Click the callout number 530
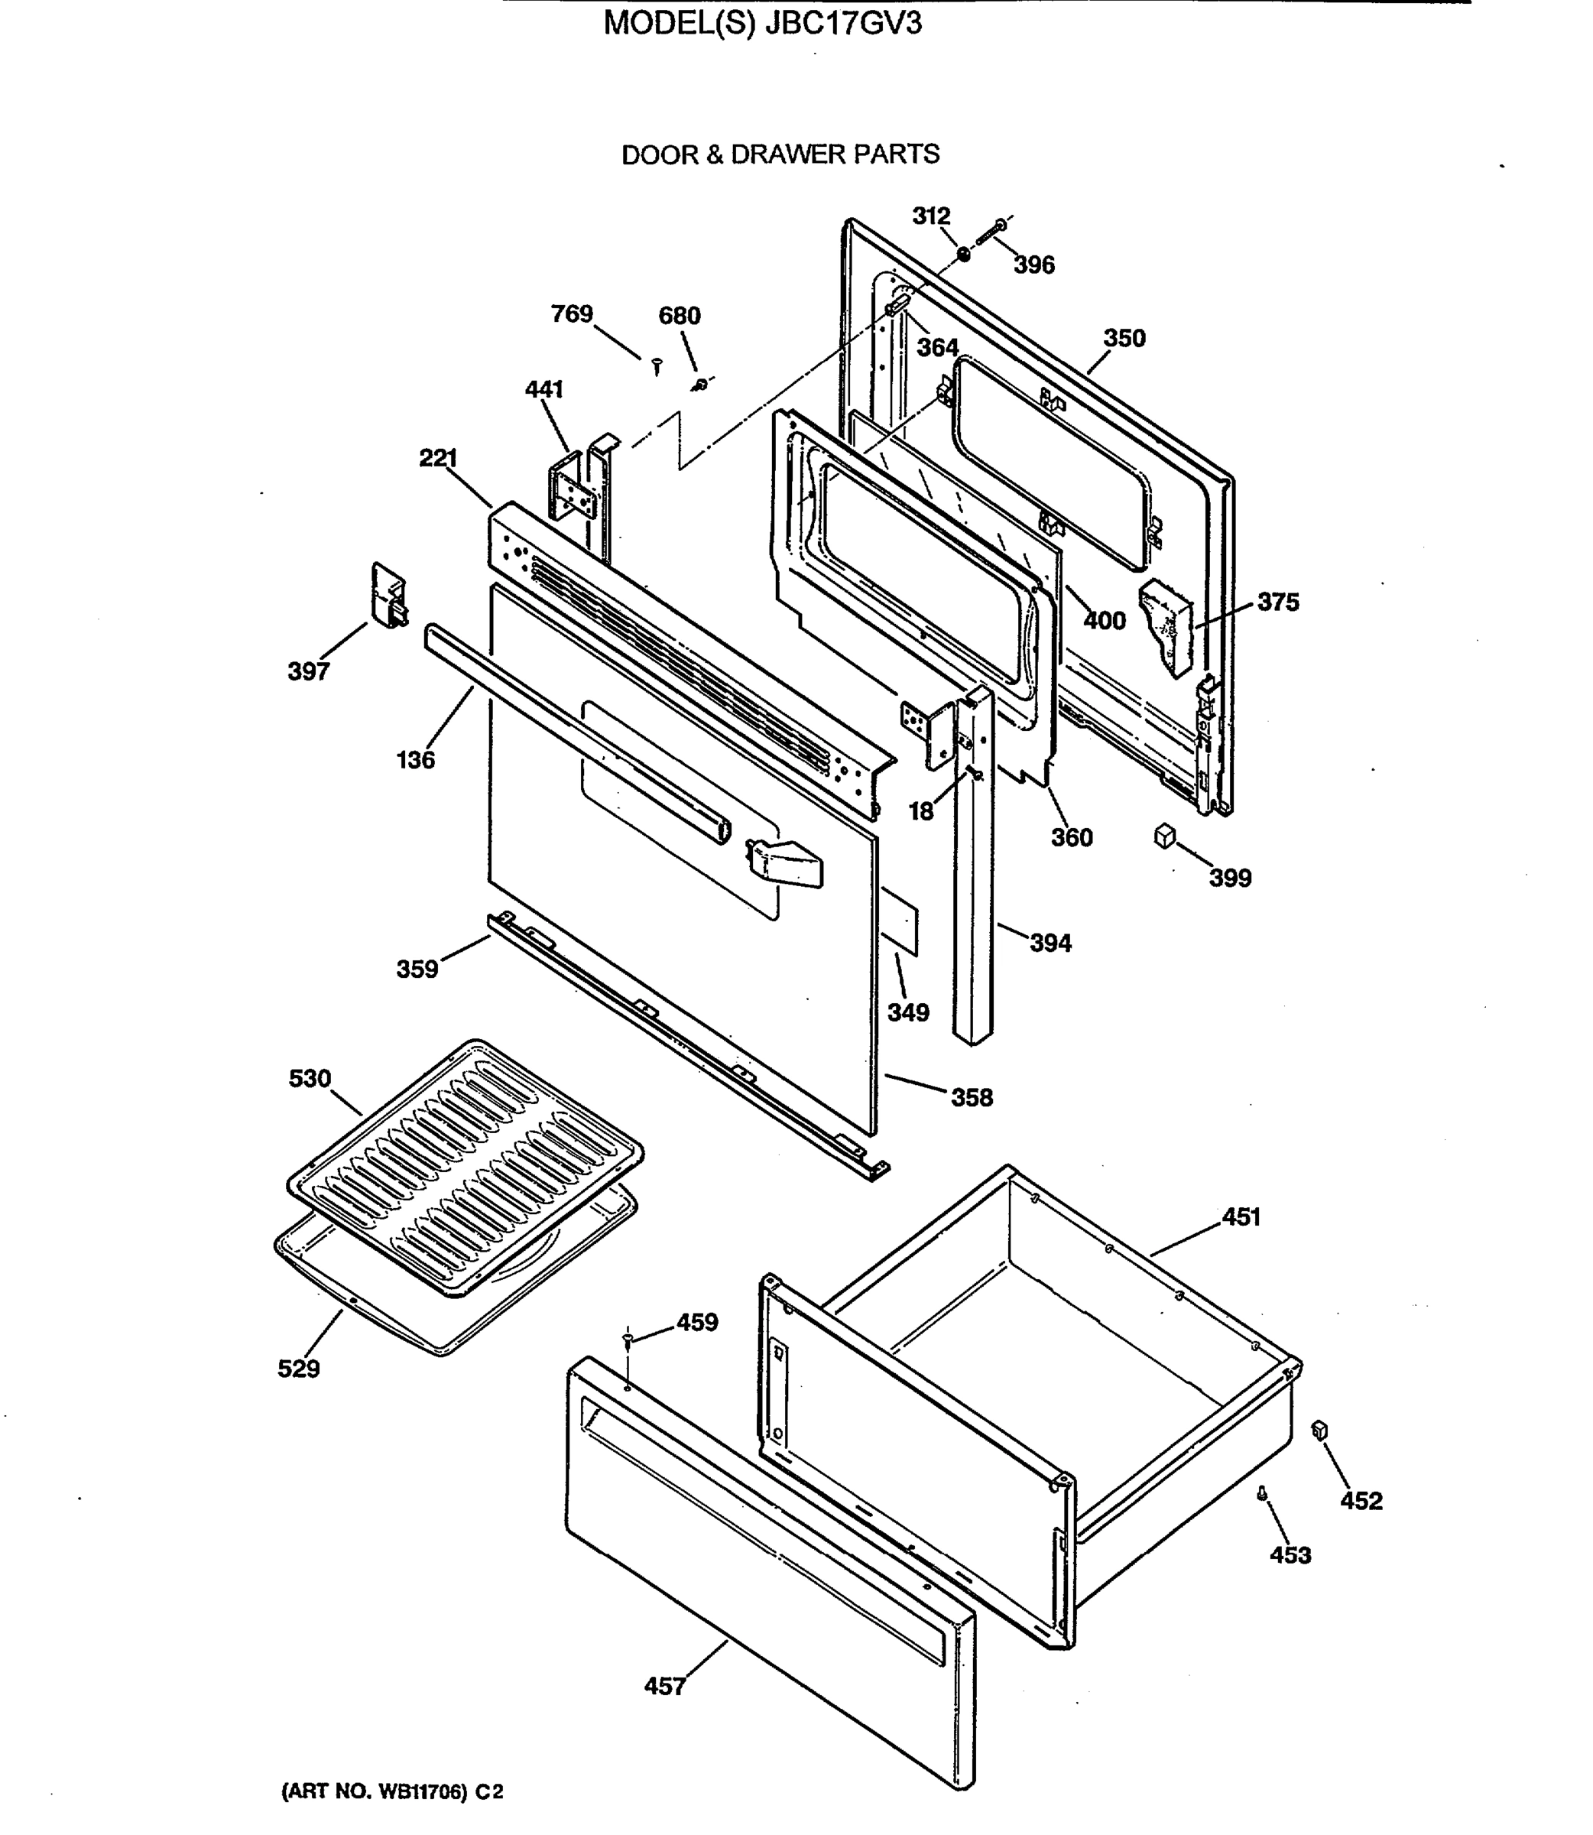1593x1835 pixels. (310, 1078)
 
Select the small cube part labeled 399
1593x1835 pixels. (1164, 836)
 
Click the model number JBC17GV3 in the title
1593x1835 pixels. (839, 23)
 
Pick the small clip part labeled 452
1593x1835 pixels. (1319, 1430)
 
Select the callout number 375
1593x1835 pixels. (1277, 602)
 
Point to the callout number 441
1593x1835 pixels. (544, 389)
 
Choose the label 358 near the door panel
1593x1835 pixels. (972, 1098)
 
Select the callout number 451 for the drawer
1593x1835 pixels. (1241, 1217)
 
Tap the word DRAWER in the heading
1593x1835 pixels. (787, 154)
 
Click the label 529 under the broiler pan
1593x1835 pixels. (298, 1369)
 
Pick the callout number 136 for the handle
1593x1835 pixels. (415, 760)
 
